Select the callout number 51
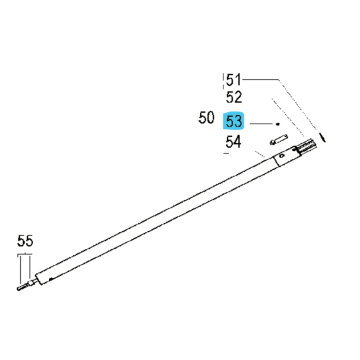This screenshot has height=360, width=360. click(x=233, y=80)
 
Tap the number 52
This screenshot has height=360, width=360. click(x=233, y=97)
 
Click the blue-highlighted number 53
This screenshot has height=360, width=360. click(x=233, y=121)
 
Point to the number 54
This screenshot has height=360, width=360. click(x=233, y=142)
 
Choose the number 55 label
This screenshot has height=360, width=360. click(x=25, y=242)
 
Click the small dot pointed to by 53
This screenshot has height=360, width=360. click(x=277, y=123)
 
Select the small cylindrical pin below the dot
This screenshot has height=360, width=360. click(x=280, y=138)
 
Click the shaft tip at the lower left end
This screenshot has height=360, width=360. click(x=20, y=289)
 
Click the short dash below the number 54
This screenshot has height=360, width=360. click(x=226, y=153)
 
